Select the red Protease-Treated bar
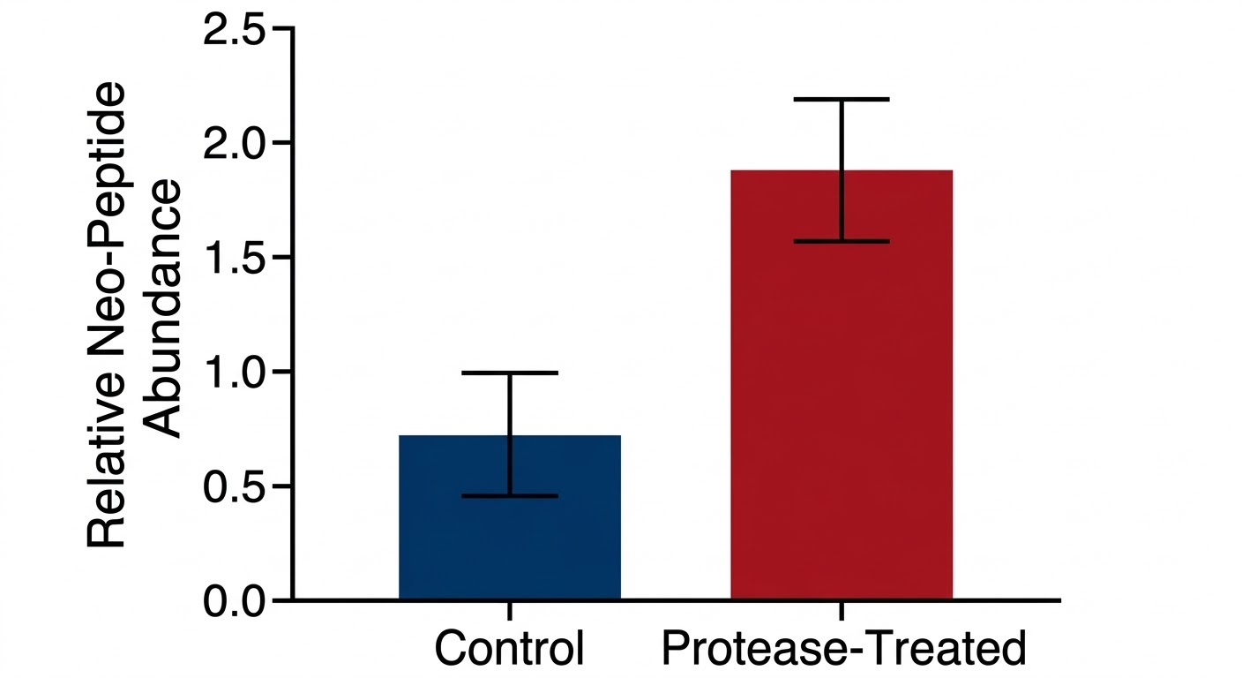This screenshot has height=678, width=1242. point(842,397)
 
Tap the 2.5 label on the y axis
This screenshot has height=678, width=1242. point(234,30)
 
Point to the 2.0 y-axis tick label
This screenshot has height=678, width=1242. point(234,144)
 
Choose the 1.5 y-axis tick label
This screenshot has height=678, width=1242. point(234,258)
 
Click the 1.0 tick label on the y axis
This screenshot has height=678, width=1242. point(234,372)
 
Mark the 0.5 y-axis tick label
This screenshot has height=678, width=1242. point(234,486)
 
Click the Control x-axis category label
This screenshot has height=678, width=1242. point(510,649)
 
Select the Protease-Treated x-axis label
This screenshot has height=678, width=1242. point(843,649)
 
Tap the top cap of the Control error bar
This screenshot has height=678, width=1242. point(510,373)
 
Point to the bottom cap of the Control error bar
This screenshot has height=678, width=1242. point(510,496)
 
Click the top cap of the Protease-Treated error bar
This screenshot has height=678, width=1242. point(842,99)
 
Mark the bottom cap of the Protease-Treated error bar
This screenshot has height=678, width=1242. point(842,241)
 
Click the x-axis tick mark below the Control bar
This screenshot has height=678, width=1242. point(510,611)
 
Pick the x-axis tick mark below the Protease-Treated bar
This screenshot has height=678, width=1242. point(842,611)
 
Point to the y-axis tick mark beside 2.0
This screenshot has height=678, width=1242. point(283,143)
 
